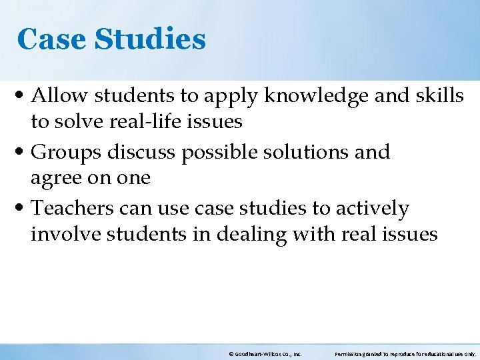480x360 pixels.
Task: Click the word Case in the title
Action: click(x=52, y=39)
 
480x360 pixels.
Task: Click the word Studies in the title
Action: click(x=150, y=39)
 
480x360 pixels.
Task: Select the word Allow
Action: click(x=59, y=96)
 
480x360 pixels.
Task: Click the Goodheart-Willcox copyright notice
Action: click(x=265, y=354)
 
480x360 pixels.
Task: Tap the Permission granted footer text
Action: click(x=405, y=354)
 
